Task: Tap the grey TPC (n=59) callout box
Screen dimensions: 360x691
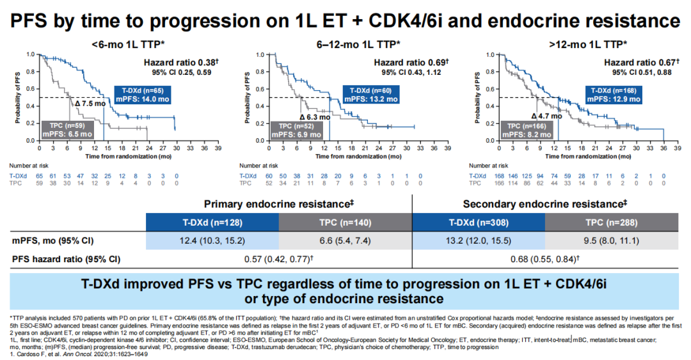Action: click(68, 130)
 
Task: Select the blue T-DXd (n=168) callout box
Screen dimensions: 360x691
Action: click(613, 95)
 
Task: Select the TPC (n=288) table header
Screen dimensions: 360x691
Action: click(610, 223)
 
